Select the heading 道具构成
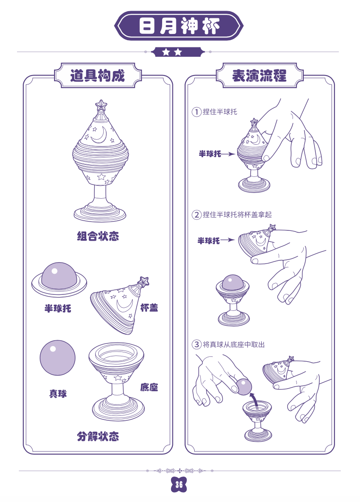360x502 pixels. [x=97, y=76]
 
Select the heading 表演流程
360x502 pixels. [x=260, y=76]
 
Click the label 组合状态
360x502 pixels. [x=98, y=236]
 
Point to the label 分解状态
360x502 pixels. [x=98, y=436]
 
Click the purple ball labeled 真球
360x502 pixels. [x=58, y=358]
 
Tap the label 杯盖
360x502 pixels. [x=149, y=308]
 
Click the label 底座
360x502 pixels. [x=149, y=387]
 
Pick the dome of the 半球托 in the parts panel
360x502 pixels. [x=59, y=275]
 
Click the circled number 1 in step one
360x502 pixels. [x=197, y=112]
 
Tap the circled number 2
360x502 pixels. [x=197, y=214]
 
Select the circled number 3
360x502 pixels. [x=197, y=344]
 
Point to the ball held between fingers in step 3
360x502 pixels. [x=244, y=387]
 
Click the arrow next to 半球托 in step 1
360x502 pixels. [x=228, y=154]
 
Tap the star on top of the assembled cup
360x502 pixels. [x=101, y=105]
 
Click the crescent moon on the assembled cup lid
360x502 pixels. [x=99, y=136]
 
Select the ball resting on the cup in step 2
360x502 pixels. [x=232, y=282]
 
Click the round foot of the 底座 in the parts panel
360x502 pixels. [x=118, y=410]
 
